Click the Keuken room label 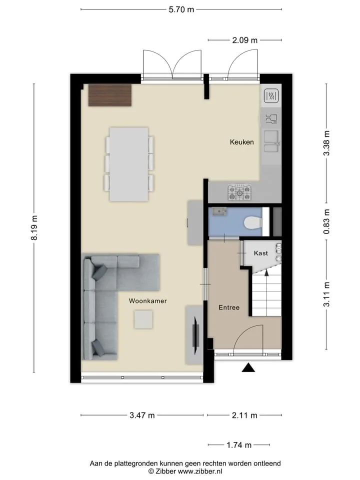click(x=242, y=142)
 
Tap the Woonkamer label click(x=148, y=301)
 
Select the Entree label click(x=229, y=307)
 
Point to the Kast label click(x=261, y=253)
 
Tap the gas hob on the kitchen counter click(x=239, y=192)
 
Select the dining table click(x=129, y=164)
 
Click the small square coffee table click(x=143, y=319)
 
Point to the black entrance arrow click(x=248, y=367)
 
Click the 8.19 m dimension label click(x=35, y=228)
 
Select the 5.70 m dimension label click(x=181, y=9)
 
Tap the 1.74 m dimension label click(x=239, y=445)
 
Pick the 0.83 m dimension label click(x=327, y=221)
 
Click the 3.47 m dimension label click(x=142, y=415)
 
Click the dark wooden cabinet click(x=110, y=95)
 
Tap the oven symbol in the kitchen click(x=271, y=96)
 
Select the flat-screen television click(x=195, y=335)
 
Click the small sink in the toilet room click(x=218, y=211)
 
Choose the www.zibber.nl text click(x=200, y=471)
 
